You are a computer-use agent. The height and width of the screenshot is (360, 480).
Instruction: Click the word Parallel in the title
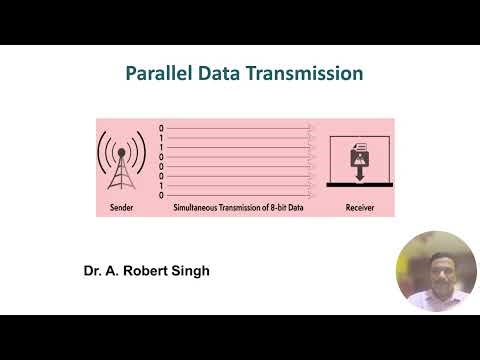(158, 74)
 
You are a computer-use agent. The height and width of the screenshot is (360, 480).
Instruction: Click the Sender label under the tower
(121, 209)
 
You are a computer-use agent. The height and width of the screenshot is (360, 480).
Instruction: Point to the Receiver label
(360, 209)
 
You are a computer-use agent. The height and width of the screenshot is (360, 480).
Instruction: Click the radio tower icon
(122, 162)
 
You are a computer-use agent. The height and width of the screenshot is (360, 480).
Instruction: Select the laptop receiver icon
(361, 161)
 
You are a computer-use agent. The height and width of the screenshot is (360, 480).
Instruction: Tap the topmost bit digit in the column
(161, 128)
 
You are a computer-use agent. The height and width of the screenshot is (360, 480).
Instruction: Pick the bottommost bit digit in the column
(161, 195)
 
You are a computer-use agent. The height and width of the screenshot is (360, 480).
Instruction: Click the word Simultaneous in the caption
(199, 209)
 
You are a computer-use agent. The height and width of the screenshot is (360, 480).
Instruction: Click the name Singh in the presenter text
(189, 271)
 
